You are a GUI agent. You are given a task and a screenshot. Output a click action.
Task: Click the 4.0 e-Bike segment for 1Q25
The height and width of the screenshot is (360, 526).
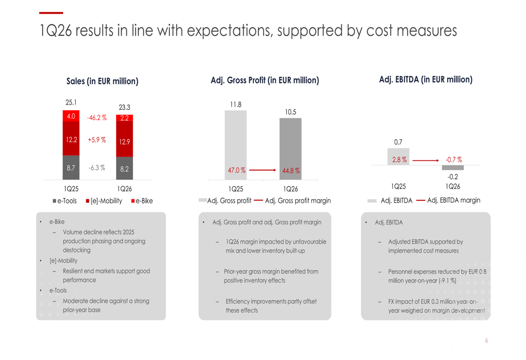point(71,116)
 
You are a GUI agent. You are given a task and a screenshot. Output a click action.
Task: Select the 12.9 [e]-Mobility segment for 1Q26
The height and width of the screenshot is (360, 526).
point(125,139)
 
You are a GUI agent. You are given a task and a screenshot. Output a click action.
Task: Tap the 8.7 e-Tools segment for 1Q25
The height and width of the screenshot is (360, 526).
point(71,168)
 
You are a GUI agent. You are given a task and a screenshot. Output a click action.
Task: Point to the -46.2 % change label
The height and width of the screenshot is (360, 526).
point(97,118)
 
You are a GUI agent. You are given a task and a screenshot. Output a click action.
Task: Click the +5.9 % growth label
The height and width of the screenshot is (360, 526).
point(97,140)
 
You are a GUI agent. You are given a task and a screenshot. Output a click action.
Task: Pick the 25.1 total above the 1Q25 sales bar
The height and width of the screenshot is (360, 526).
point(71,102)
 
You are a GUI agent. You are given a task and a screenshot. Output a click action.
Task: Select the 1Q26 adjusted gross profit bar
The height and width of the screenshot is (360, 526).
point(290,149)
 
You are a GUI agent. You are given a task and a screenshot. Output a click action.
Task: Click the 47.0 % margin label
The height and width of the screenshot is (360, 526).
point(237,170)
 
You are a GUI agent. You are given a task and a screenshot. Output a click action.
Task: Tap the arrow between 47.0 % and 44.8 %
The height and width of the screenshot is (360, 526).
point(262,170)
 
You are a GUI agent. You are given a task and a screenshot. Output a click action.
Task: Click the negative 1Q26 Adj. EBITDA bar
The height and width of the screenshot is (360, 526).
point(452,168)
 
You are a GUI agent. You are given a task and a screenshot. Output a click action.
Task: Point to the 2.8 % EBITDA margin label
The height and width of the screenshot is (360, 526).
point(399,160)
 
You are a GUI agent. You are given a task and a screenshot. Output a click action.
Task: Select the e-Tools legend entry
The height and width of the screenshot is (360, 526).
point(65,201)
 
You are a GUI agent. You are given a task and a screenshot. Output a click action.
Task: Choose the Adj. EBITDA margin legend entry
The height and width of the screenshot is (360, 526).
point(448,200)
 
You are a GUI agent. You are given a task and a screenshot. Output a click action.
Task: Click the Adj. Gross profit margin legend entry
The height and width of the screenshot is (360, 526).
point(292,201)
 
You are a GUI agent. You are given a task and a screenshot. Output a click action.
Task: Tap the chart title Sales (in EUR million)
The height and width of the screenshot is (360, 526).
point(103,81)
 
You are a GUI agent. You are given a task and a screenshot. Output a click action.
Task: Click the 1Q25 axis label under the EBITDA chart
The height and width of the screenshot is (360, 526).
point(398,187)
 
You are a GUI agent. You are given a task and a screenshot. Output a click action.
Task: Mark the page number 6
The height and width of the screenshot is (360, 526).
point(487,341)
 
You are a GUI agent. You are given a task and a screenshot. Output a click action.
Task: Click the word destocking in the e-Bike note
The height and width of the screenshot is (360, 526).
point(76,250)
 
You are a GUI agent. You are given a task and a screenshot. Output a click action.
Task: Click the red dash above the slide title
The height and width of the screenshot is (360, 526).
point(51,13)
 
